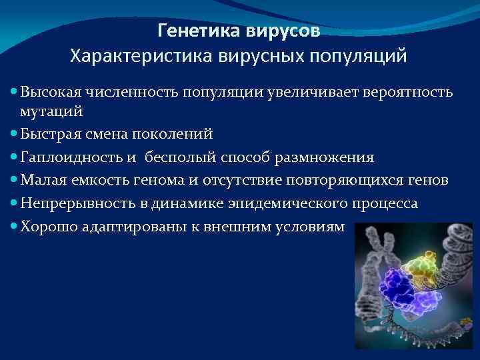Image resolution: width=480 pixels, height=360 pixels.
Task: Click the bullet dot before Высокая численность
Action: coord(14,91)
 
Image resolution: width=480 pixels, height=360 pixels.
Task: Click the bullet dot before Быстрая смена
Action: coord(14,134)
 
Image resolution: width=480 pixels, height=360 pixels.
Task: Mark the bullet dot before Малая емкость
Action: coord(14,181)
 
